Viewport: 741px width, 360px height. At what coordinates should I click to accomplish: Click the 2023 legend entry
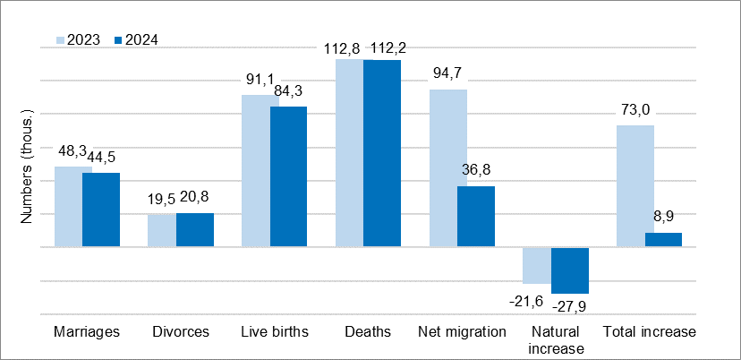pyautogui.click(x=78, y=39)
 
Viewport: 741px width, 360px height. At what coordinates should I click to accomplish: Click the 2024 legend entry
pyautogui.click(x=135, y=39)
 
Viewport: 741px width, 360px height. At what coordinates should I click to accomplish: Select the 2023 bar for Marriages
pyautogui.click(x=69, y=206)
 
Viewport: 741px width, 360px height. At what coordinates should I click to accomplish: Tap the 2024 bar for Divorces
pyautogui.click(x=195, y=229)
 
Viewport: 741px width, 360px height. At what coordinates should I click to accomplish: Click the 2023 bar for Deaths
pyautogui.click(x=350, y=152)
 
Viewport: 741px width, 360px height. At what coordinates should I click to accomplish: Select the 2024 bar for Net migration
pyautogui.click(x=476, y=216)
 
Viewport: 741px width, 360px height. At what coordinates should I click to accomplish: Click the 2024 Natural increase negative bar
pyautogui.click(x=570, y=270)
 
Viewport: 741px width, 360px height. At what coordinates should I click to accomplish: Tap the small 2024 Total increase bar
pyautogui.click(x=663, y=239)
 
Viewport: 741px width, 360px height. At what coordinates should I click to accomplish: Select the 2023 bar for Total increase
pyautogui.click(x=635, y=185)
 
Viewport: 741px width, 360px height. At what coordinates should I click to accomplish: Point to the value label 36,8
pyautogui.click(x=476, y=169)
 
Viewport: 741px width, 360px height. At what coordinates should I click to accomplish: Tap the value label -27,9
pyautogui.click(x=571, y=307)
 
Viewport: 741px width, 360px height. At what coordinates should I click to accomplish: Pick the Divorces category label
pyautogui.click(x=181, y=332)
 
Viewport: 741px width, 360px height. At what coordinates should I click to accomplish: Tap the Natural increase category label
pyautogui.click(x=556, y=340)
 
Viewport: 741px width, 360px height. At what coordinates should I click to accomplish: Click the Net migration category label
pyautogui.click(x=462, y=332)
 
